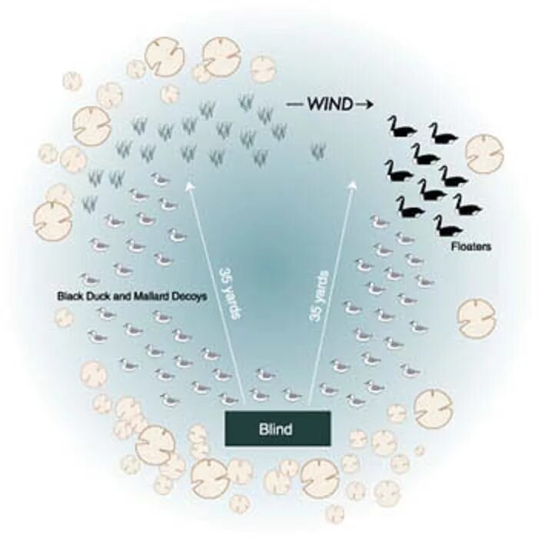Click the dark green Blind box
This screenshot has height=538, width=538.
coord(277,428)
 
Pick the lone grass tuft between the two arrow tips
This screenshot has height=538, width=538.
coord(316,151)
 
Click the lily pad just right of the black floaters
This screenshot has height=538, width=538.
coord(484,153)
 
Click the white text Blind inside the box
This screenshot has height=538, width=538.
coord(277,429)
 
